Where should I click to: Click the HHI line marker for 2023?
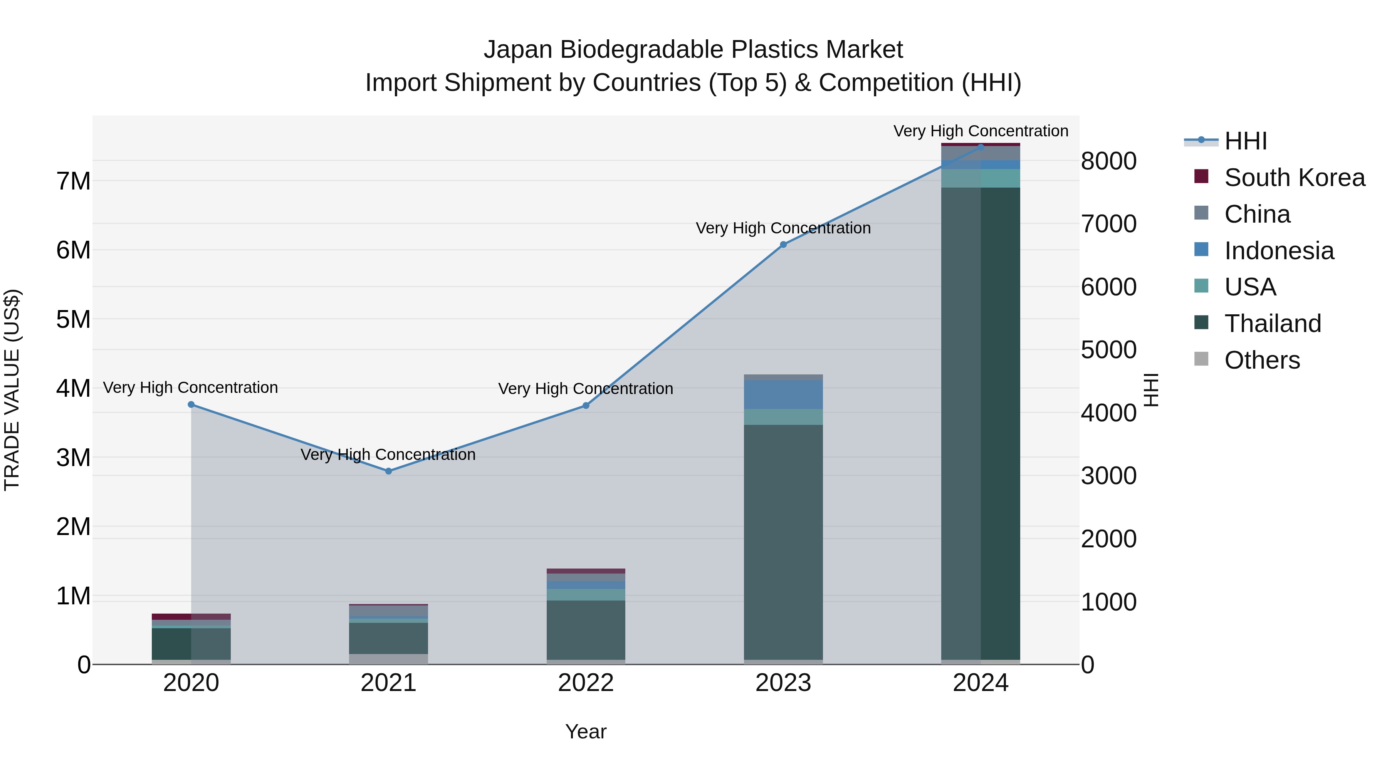point(783,244)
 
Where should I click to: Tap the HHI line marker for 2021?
point(389,471)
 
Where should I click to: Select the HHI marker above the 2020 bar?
point(191,404)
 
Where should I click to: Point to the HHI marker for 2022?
point(586,405)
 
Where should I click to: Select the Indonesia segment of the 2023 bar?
point(783,394)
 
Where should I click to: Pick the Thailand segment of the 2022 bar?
point(586,630)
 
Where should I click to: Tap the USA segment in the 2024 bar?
point(981,178)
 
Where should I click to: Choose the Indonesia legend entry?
point(1279,251)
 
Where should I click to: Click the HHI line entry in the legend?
point(1245,141)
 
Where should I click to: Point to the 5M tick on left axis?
point(73,320)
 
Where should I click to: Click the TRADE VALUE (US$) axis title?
point(12,390)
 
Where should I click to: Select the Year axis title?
point(586,731)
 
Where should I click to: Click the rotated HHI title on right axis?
point(1150,390)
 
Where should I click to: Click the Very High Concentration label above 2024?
point(981,131)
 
